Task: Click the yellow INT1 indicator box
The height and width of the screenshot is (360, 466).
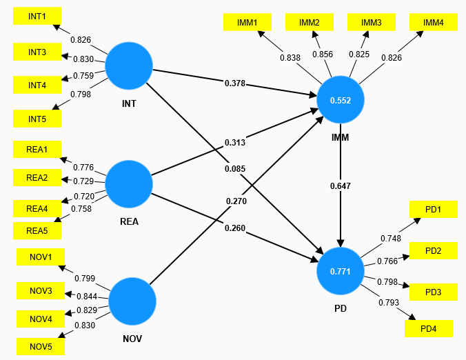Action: click(x=37, y=16)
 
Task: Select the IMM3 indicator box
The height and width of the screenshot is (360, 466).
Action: click(x=372, y=22)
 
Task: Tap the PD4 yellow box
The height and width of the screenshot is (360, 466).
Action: click(x=429, y=328)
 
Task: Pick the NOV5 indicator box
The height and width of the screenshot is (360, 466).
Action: click(x=41, y=346)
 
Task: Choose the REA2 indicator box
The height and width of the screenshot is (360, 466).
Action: click(x=37, y=177)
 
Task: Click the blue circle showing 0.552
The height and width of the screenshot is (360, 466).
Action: click(x=341, y=100)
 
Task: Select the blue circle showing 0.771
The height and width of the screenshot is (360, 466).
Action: click(x=341, y=271)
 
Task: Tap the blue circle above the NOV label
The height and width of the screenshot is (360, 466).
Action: click(x=132, y=301)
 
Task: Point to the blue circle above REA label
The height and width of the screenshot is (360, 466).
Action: click(x=129, y=184)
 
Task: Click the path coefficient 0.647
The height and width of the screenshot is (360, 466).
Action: click(x=341, y=186)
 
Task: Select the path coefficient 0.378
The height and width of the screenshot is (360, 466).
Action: click(x=235, y=83)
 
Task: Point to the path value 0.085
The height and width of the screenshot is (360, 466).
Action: click(x=235, y=169)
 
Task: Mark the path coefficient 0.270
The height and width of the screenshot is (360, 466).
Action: click(x=236, y=201)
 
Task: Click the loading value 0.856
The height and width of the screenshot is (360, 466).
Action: click(x=323, y=54)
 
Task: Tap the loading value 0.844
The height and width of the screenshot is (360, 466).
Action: click(x=87, y=297)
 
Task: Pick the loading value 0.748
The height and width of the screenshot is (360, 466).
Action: click(x=391, y=239)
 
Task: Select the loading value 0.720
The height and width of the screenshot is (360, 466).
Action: click(x=84, y=197)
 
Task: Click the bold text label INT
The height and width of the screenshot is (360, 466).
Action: click(x=129, y=103)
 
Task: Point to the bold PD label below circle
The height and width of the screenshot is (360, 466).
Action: click(x=341, y=308)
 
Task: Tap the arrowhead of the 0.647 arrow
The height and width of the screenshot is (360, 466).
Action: click(x=341, y=243)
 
